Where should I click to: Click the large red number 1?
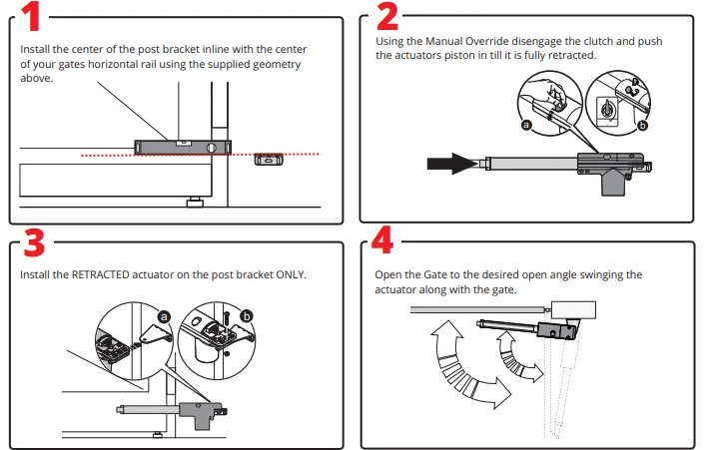tap(32, 19)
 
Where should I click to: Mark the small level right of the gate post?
tap(269, 158)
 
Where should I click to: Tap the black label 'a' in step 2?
tap(525, 125)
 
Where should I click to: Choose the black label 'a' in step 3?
tap(164, 315)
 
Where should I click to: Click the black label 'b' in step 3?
tap(248, 315)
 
